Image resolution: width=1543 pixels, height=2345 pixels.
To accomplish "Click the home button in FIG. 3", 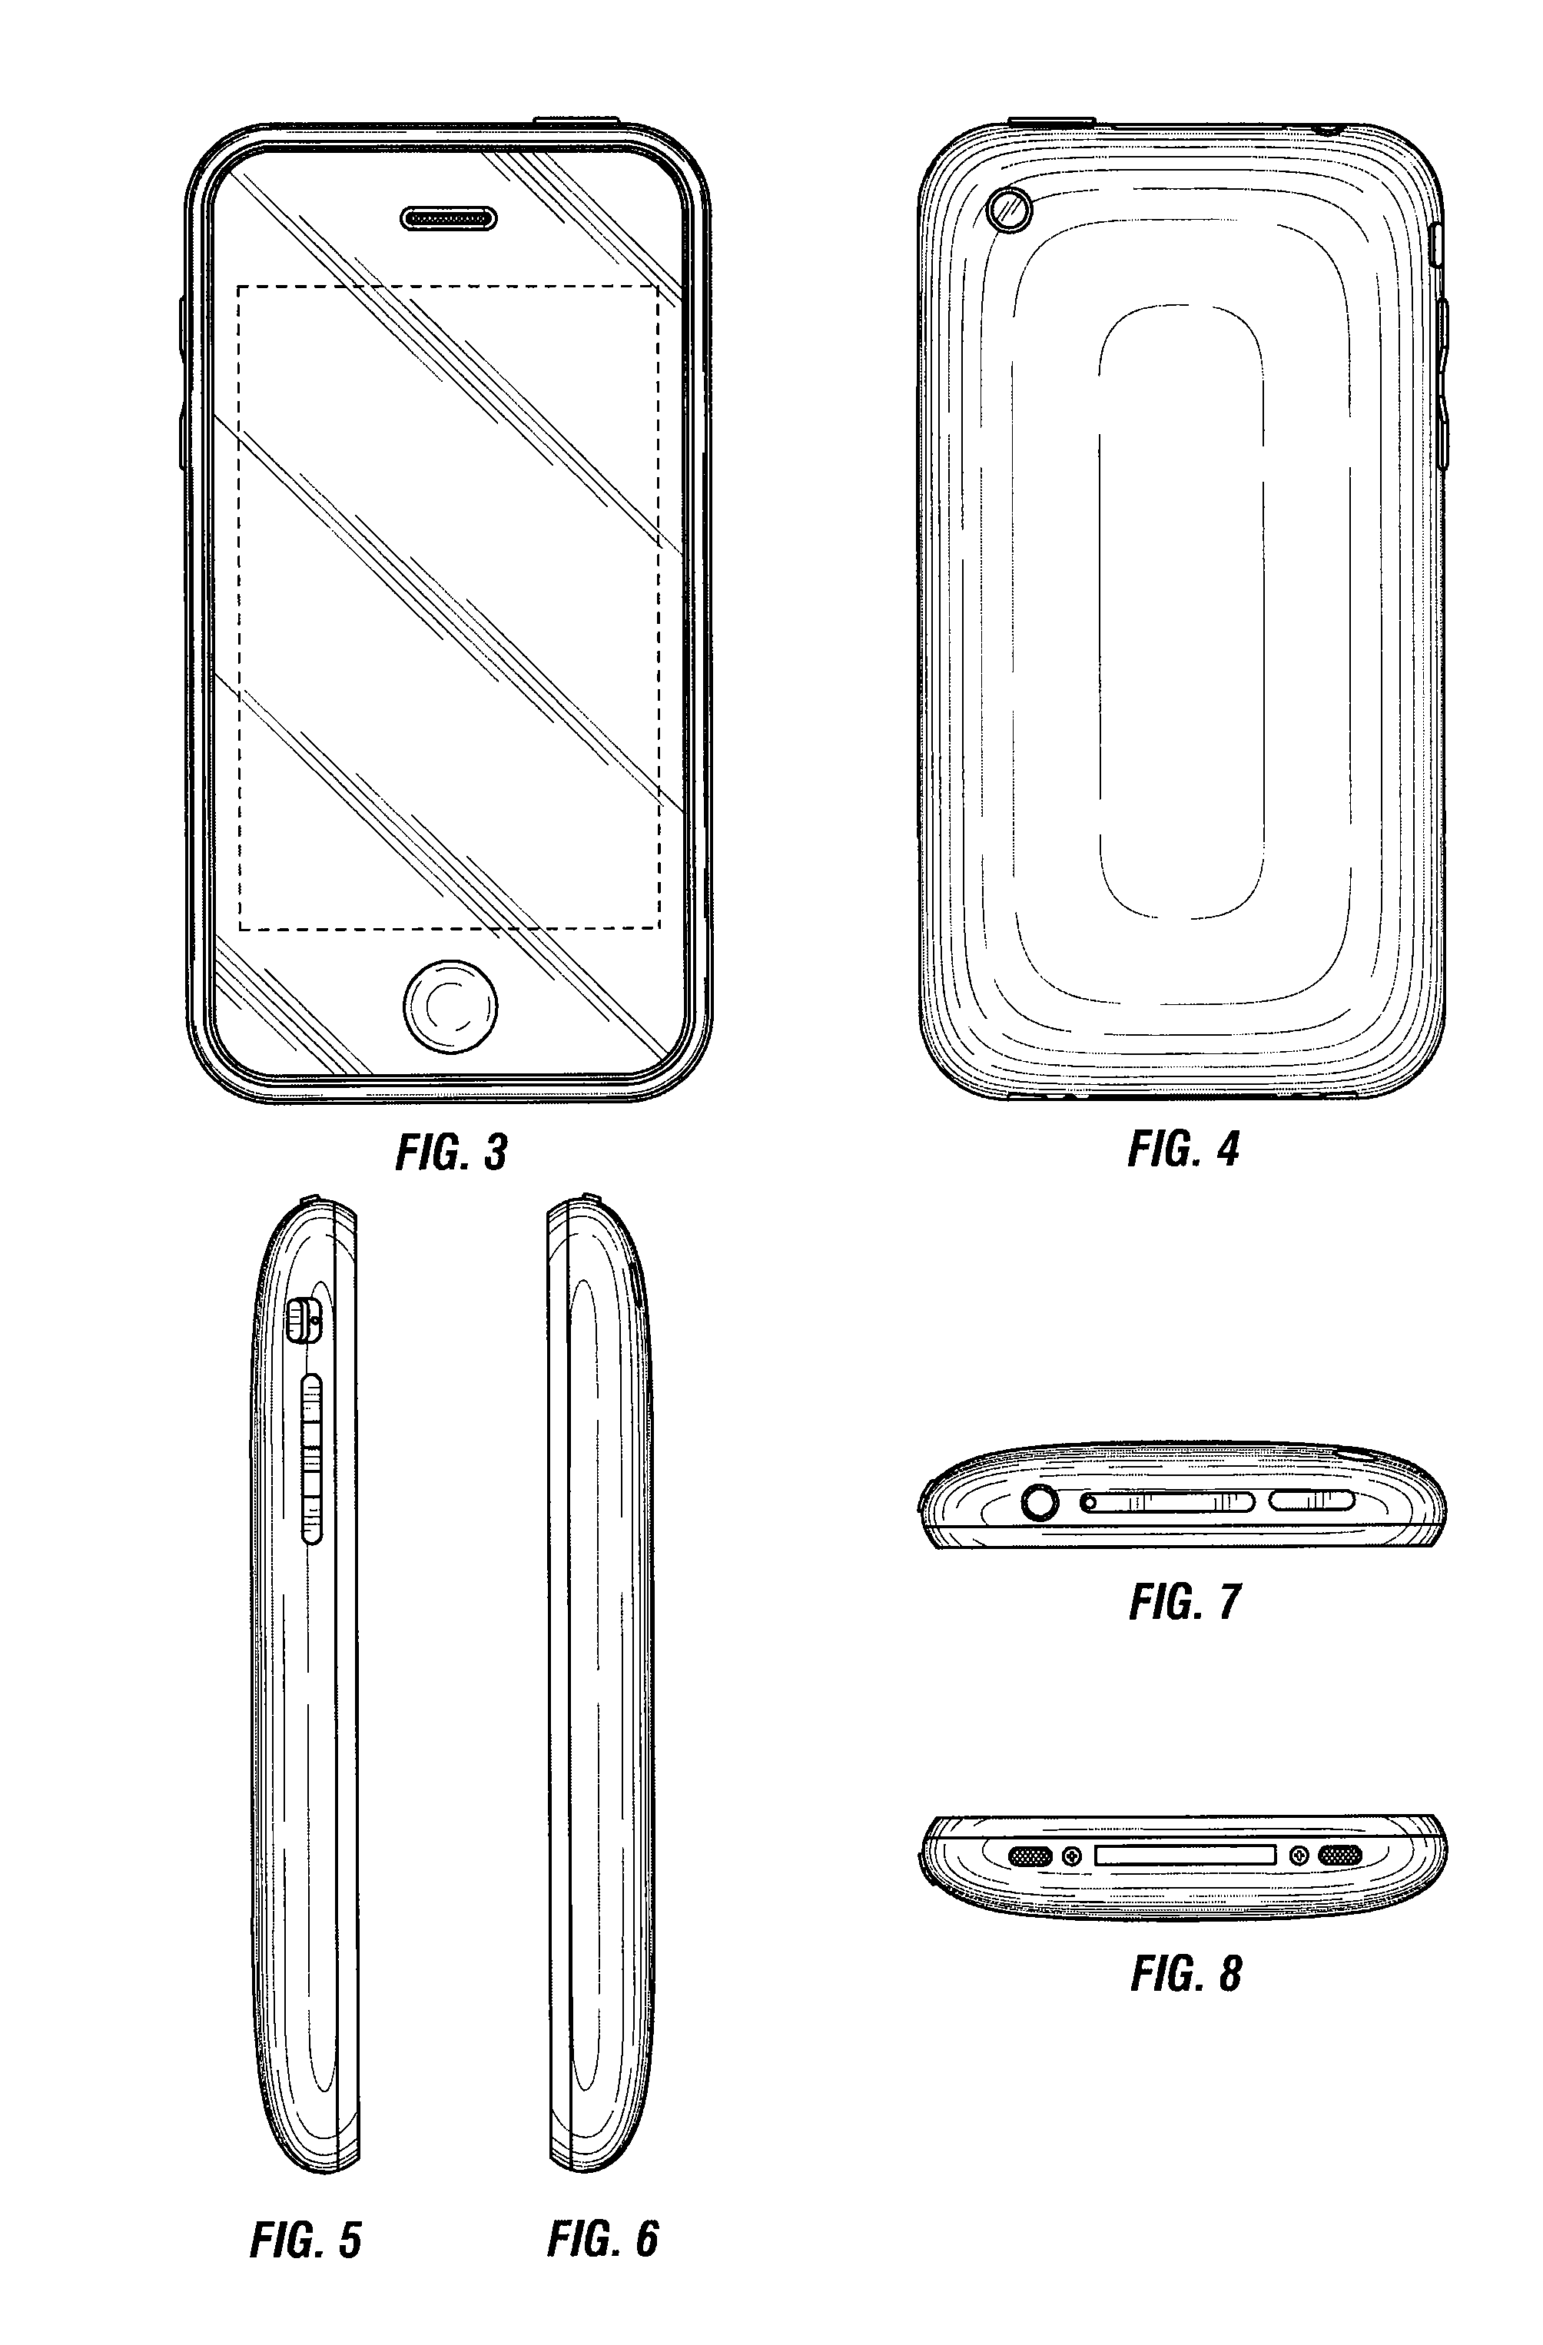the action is point(450,1006).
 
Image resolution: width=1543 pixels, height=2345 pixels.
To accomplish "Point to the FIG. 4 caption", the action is point(1183,1149).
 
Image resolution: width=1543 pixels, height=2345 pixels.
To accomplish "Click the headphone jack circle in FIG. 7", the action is point(1040,1504).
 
